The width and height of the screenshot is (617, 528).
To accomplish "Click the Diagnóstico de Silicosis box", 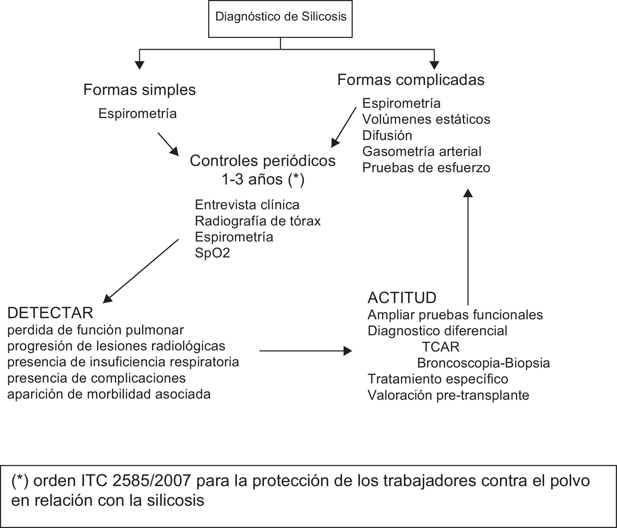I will pos(280,19).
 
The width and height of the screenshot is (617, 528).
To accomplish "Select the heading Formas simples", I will pos(139,90).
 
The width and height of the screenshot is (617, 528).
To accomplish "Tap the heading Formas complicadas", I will pos(411,80).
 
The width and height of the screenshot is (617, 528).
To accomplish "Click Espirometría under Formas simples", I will pos(137,113).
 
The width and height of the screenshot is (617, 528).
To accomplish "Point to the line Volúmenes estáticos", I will pos(426,119).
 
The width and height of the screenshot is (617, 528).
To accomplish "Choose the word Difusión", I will pos(387,135).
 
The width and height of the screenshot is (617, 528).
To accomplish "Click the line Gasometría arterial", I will pos(421,151).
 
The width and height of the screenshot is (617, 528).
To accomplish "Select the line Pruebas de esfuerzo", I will pos(426,168).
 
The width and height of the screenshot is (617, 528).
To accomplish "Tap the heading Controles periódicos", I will pos(262,161).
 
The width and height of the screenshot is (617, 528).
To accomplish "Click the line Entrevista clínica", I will pos(247,205).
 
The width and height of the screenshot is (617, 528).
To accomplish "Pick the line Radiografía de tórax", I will pos(258,221).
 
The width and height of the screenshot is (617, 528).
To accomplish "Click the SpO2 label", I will pos(212,253).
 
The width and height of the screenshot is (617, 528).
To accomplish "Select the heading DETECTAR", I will pos(50,313).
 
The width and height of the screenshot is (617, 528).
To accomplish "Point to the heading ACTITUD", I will pos(402,298).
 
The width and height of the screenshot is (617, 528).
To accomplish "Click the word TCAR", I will pos(440,347).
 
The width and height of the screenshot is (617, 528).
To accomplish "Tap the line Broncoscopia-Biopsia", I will pos(483,363).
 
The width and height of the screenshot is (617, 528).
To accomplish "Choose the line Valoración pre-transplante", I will pos(448,395).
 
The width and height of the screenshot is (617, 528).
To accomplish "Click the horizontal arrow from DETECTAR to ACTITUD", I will pos(305,351).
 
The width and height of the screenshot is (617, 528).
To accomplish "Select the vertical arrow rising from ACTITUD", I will pos(468,247).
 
